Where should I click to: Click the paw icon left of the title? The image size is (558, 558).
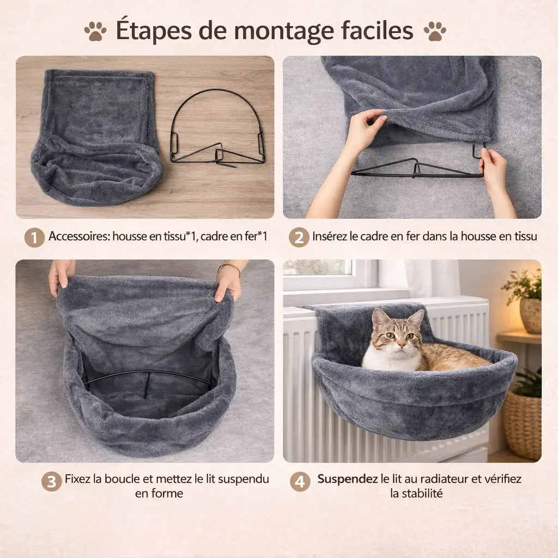[x=95, y=32]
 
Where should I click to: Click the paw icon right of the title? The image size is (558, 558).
[x=434, y=32]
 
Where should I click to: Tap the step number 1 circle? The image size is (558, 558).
[x=34, y=237]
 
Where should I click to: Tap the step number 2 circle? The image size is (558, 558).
[x=299, y=237]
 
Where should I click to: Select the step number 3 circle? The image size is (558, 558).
[x=51, y=482]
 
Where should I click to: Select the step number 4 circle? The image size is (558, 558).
[x=300, y=482]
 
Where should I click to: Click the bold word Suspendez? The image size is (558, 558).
[x=348, y=479]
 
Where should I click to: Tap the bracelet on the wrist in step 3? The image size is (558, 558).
[x=229, y=266]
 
